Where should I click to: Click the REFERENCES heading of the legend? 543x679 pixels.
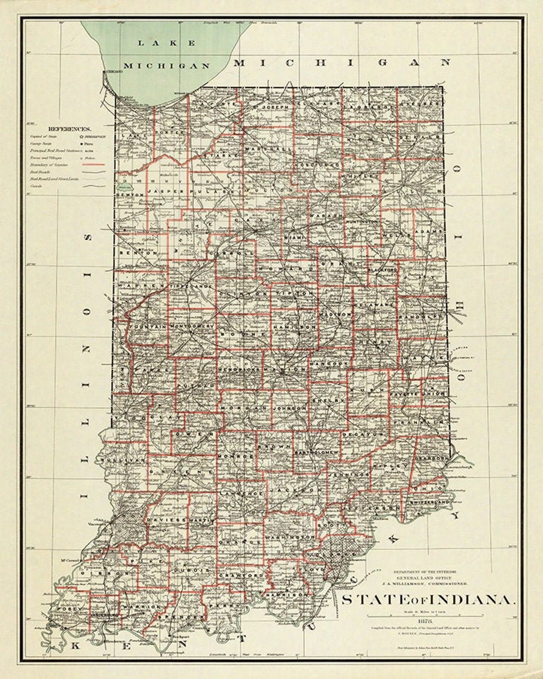click(x=69, y=129)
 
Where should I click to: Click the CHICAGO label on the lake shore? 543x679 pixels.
click(x=113, y=72)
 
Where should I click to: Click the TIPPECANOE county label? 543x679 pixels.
click(x=192, y=285)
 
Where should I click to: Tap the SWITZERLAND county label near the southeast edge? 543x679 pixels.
click(x=429, y=502)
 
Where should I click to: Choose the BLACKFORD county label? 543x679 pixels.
click(x=383, y=270)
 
